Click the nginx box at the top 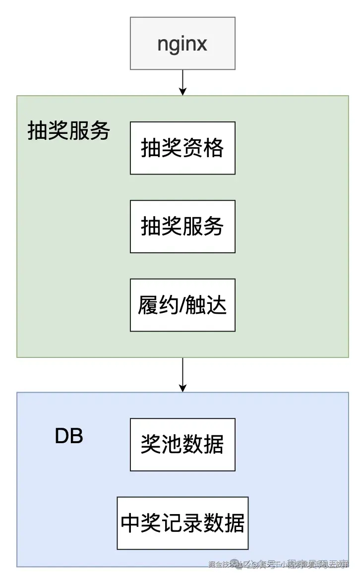pos(182,44)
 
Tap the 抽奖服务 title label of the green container pos(68,131)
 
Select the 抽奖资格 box pos(182,148)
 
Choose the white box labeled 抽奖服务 pos(182,227)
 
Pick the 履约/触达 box pos(182,305)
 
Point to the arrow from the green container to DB pos(182,374)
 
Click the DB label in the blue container pos(69,437)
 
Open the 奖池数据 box pos(182,445)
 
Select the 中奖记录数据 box pos(182,523)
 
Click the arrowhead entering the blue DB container pos(182,388)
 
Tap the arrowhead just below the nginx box pos(182,91)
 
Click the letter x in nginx pos(201,45)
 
